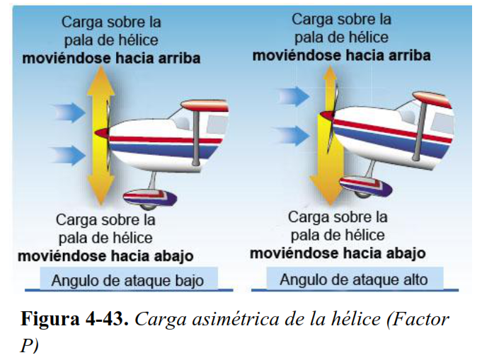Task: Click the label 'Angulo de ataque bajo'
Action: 127,280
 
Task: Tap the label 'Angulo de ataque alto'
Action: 353,279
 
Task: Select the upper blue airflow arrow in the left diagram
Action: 69,112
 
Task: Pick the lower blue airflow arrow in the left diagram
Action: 69,153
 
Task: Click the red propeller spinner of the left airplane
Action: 103,132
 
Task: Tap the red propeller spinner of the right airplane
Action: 328,114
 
